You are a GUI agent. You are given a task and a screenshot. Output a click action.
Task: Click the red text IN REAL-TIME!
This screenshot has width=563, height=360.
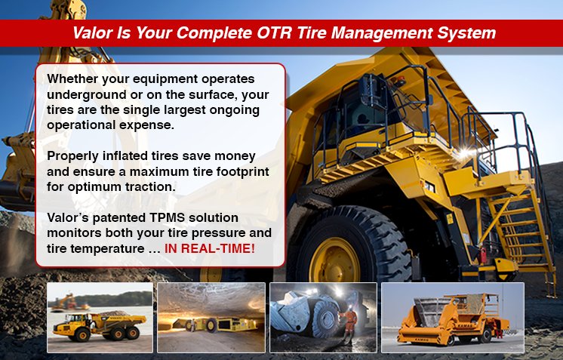pyautogui.click(x=210, y=248)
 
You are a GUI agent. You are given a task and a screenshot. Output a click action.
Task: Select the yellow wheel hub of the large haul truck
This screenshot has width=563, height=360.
pyautogui.click(x=334, y=260)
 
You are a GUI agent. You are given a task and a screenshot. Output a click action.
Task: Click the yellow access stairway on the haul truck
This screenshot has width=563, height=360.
pyautogui.click(x=517, y=229)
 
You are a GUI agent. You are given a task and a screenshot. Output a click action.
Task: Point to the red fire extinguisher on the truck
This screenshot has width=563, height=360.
pyautogui.click(x=483, y=255)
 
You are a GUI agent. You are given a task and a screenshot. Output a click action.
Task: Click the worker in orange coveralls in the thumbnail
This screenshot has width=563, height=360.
pyautogui.click(x=348, y=325)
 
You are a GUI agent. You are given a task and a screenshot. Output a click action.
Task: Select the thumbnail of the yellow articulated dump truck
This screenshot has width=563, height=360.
pyautogui.click(x=100, y=317)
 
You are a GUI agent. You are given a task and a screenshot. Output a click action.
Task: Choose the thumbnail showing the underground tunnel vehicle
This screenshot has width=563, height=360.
pyautogui.click(x=211, y=317)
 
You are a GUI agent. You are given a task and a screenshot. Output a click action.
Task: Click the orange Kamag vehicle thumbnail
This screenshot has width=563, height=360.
pyautogui.click(x=452, y=317)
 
